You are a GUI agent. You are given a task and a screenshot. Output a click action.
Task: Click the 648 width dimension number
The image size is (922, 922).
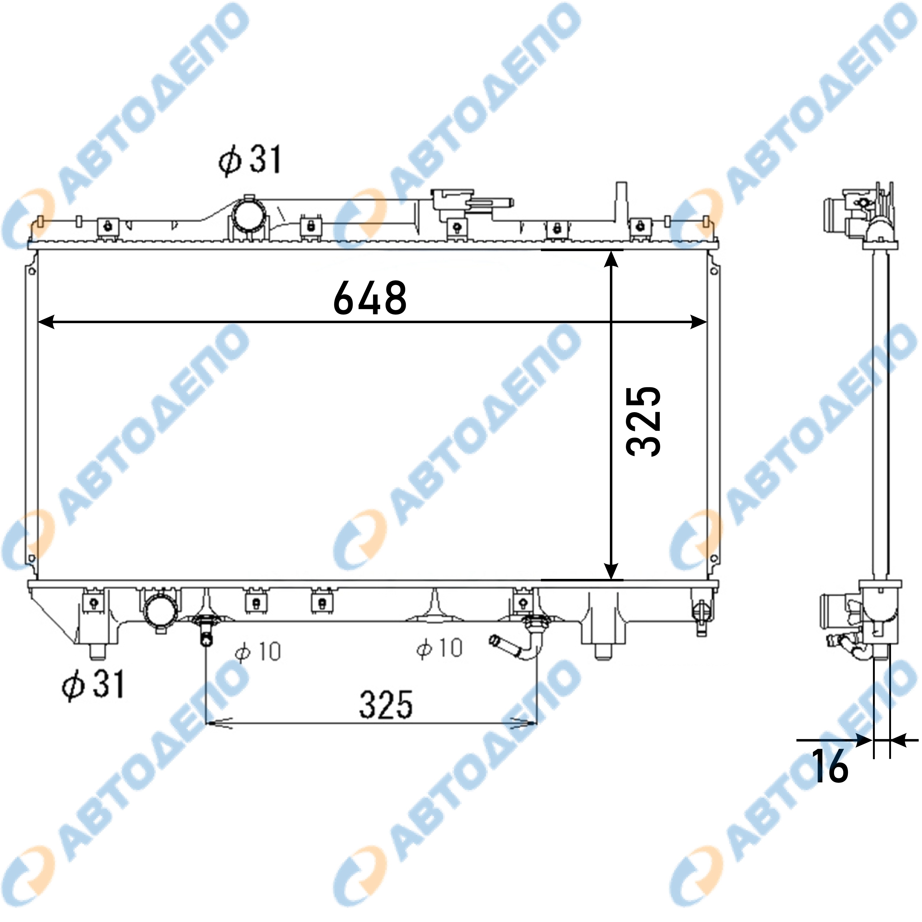(x=370, y=298)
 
